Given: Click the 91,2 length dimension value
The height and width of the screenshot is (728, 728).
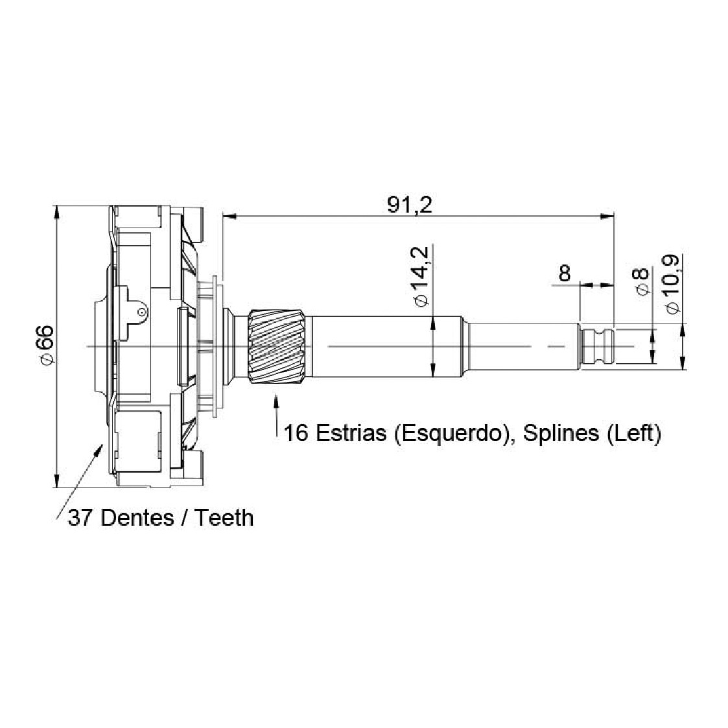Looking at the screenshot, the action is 410,205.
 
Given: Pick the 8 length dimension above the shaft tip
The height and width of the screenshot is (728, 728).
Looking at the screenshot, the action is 564,274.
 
